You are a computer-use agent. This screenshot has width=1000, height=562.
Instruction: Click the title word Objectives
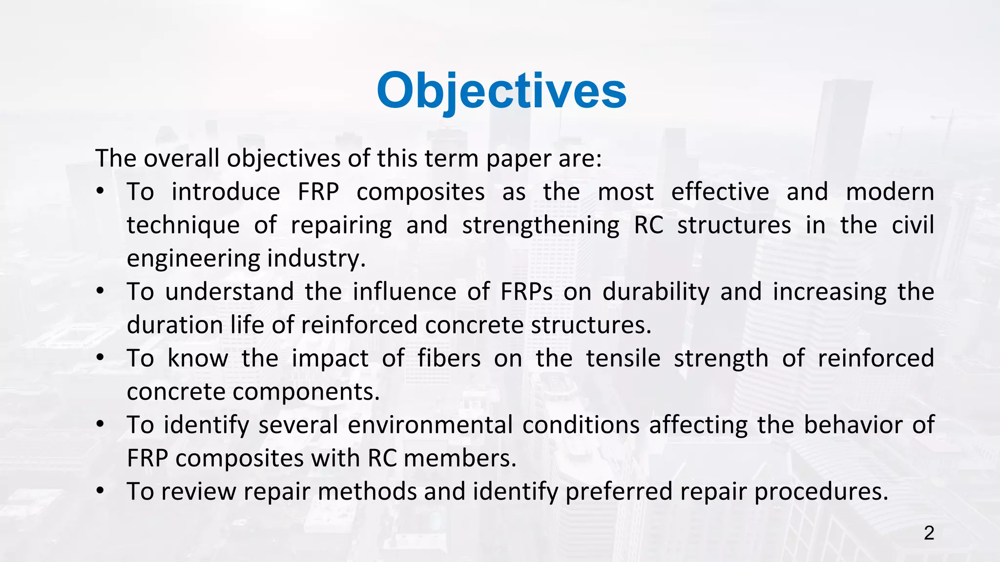pos(501,91)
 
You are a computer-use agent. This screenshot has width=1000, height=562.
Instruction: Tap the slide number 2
pos(929,533)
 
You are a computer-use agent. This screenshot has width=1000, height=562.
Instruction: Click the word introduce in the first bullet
pos(226,192)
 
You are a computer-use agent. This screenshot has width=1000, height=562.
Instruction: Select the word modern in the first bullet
pos(890,192)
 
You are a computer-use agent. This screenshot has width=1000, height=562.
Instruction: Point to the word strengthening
pos(541,225)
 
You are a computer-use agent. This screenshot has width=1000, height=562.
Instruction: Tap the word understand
pos(229,292)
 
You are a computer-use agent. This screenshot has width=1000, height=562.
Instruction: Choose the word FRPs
pos(526,292)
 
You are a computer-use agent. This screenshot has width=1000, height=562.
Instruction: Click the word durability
pos(656,292)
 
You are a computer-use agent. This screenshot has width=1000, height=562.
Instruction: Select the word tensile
pos(623,359)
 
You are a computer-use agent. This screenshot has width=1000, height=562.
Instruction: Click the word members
pos(459,459)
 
